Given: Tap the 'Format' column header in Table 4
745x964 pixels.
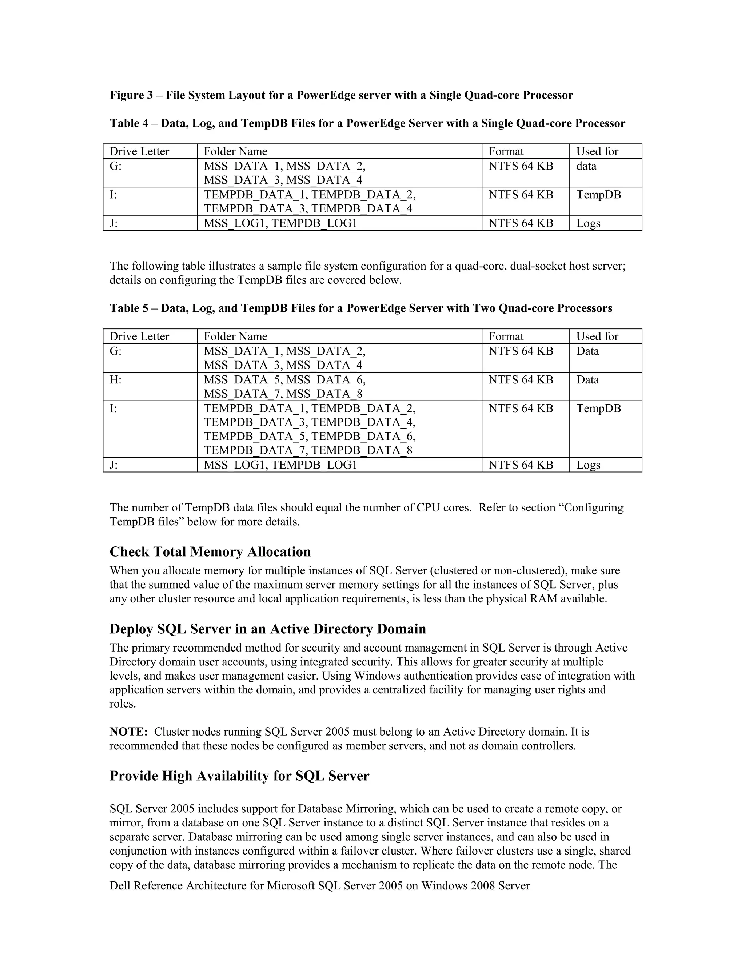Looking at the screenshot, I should [506, 151].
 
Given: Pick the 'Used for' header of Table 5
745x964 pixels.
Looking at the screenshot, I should [597, 336].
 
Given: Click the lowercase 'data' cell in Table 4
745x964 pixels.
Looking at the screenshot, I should [586, 166].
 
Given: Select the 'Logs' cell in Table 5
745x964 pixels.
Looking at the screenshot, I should [588, 465].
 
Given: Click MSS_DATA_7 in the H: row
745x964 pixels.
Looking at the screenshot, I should [243, 394].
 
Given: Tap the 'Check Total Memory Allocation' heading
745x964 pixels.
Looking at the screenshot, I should [210, 552].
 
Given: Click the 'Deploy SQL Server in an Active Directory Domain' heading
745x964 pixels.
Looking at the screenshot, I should [267, 629].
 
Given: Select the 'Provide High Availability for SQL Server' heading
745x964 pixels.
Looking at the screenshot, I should [239, 776].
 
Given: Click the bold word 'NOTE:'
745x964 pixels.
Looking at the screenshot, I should [128, 732].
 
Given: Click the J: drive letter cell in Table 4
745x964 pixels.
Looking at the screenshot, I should [113, 223].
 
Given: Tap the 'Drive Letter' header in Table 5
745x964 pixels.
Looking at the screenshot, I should [139, 336].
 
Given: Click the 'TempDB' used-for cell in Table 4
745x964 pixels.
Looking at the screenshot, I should [598, 195].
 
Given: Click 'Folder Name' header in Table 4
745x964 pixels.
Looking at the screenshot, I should [235, 151].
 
